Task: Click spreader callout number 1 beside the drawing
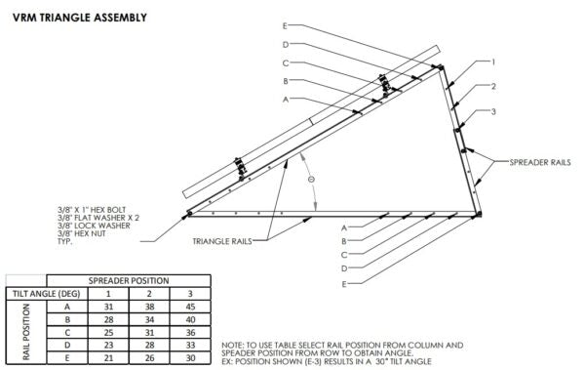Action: [493, 62]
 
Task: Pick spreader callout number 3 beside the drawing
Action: [493, 111]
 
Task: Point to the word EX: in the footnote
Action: [230, 361]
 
